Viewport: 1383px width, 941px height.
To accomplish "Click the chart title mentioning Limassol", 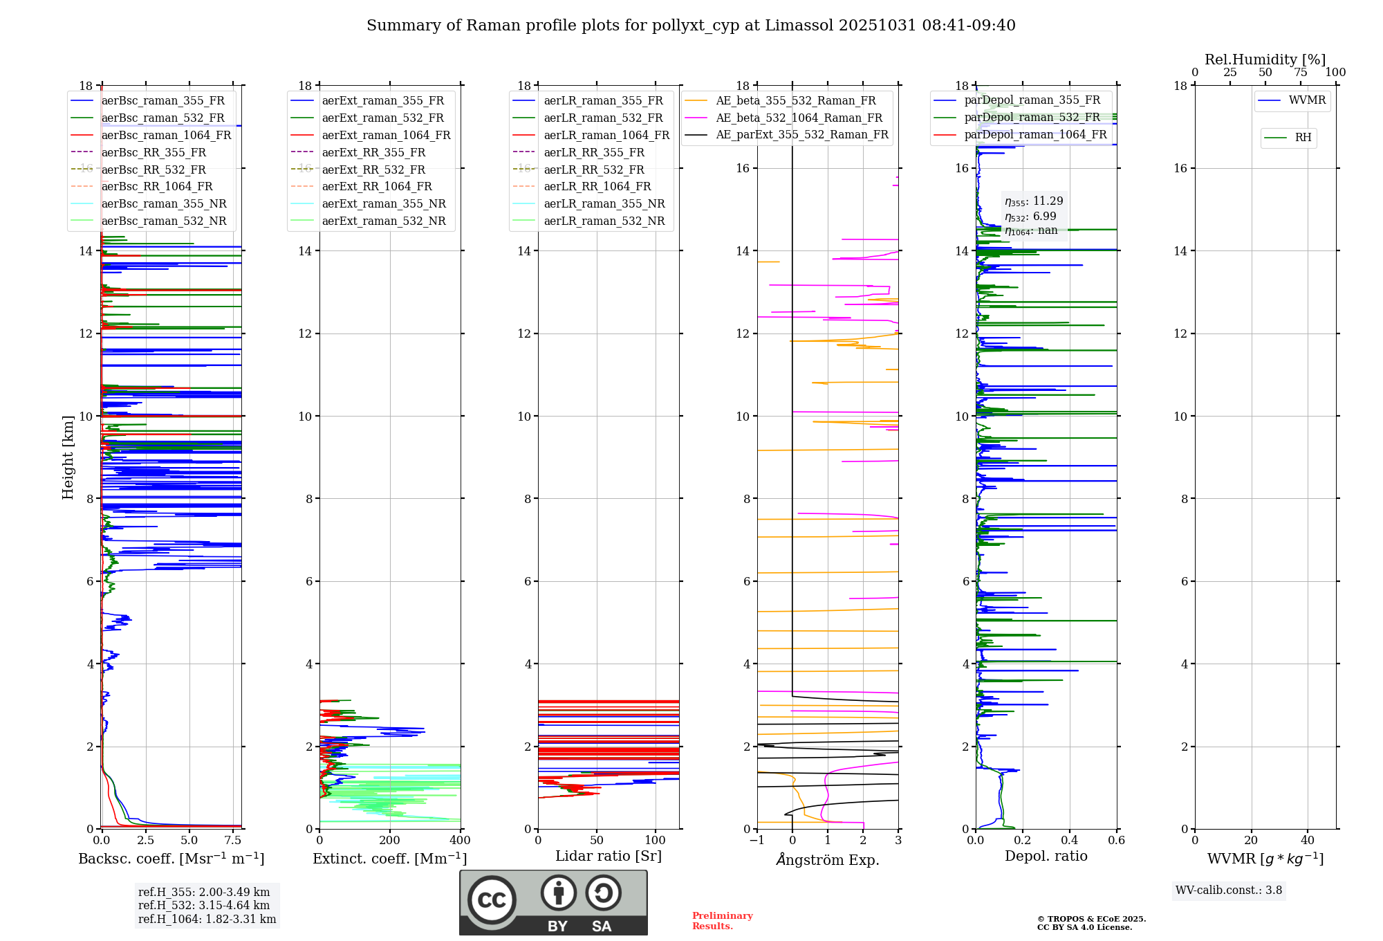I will point(691,26).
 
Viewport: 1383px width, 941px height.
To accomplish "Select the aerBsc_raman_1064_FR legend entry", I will point(166,135).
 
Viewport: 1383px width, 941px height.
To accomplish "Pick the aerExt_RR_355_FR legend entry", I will point(373,152).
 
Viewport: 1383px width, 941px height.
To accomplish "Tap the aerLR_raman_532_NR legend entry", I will point(604,221).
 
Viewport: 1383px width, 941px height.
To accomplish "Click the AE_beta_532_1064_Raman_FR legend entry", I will point(799,118).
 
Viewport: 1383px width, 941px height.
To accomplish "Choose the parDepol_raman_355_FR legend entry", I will point(1032,100).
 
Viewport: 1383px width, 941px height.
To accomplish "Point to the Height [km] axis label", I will point(68,457).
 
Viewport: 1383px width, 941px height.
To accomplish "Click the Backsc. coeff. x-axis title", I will point(171,859).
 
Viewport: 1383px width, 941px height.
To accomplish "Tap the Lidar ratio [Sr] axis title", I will point(608,856).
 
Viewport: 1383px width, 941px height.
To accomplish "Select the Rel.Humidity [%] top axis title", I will point(1265,60).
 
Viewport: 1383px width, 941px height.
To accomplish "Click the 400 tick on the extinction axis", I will point(460,840).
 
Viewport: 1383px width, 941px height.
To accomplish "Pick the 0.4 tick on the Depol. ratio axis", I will point(1069,840).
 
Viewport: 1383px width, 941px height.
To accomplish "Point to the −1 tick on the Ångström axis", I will point(757,840).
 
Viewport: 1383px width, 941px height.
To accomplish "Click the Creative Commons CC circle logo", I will point(492,899).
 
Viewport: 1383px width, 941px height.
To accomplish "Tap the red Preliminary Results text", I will point(722,920).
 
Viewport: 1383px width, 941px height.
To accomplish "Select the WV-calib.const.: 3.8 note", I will point(1228,890).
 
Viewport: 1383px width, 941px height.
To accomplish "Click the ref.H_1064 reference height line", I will point(207,919).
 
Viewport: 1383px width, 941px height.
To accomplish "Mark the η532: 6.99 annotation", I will point(1030,217).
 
